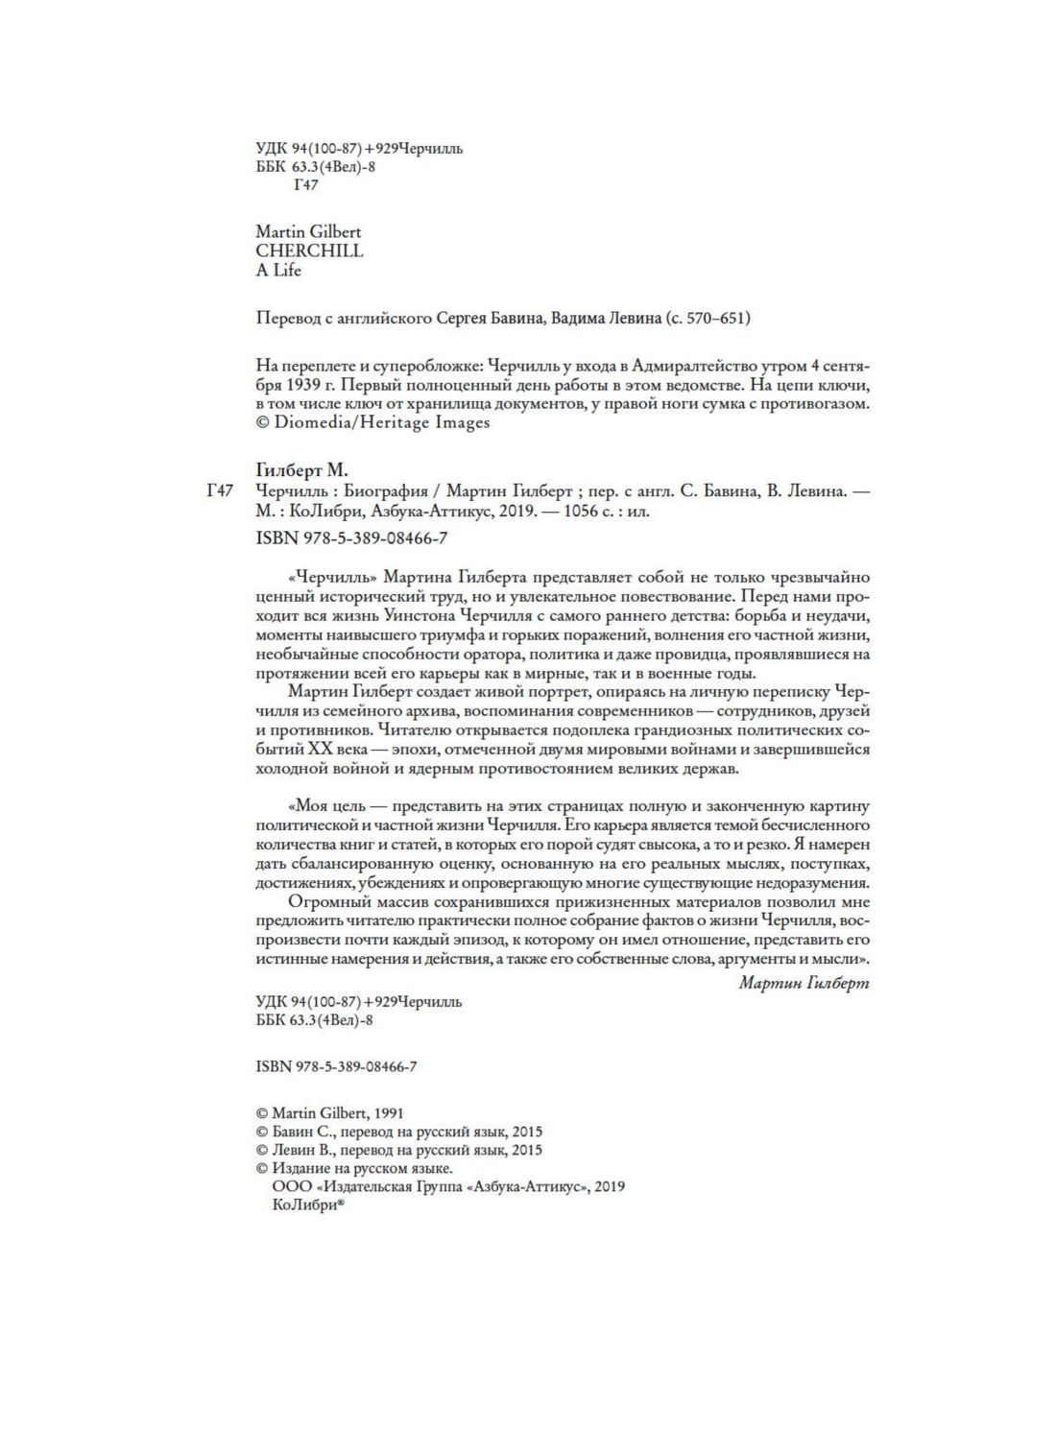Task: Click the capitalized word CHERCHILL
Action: coord(309,251)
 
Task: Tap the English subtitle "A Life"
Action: coord(278,270)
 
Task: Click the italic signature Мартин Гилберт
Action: coord(804,982)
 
